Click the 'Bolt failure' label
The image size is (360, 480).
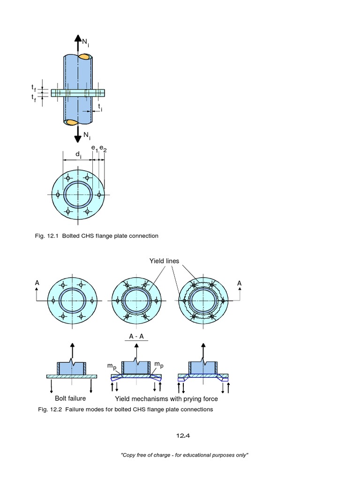tap(70, 398)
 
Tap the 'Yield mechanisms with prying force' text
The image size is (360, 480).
tap(166, 399)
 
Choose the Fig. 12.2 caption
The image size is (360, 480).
tap(125, 409)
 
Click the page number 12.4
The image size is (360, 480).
tap(183, 435)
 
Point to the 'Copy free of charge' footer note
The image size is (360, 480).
tap(184, 455)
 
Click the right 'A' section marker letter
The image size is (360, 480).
tap(240, 283)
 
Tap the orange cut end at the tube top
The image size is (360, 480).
tap(85, 57)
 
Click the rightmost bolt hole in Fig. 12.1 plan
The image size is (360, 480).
tap(98, 195)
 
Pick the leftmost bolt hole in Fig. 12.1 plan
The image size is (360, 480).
tap(58, 195)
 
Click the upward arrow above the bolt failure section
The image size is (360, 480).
tap(72, 350)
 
